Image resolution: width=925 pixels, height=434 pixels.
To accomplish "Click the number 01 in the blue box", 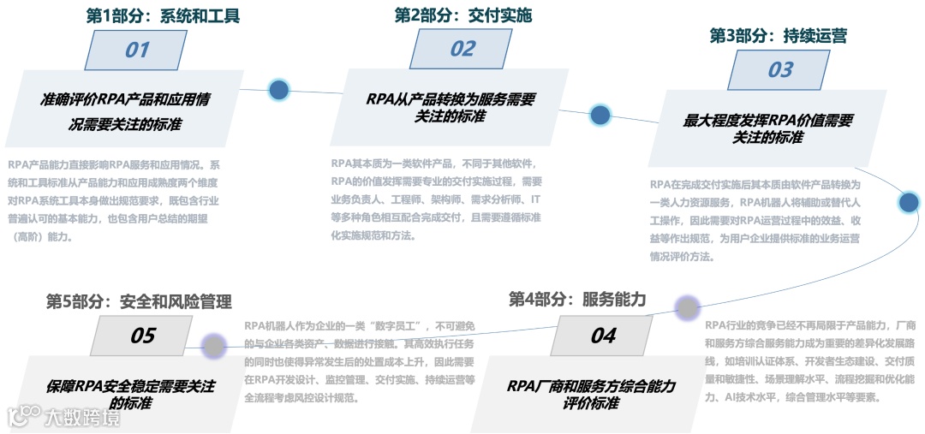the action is tap(137, 50).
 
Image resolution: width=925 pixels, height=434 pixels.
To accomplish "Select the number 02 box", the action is tap(462, 49).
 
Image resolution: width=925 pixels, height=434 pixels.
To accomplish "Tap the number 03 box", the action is tap(780, 69).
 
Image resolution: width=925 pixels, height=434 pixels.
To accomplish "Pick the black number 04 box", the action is tap(603, 335).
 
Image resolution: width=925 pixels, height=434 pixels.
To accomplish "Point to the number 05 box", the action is tap(142, 335).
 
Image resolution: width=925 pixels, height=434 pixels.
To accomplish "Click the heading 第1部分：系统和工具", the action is tap(163, 15).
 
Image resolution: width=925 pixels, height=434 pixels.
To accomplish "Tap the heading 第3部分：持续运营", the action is tap(779, 36).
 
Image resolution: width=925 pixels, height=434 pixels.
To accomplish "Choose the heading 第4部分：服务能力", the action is tap(577, 299).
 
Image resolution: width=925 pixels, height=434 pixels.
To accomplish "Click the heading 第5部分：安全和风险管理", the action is tap(139, 301).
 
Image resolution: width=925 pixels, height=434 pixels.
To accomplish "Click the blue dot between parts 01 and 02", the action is tap(279, 89).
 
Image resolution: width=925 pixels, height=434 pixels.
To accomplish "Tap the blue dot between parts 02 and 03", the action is tap(600, 114).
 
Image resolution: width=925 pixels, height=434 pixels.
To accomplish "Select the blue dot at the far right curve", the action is tap(909, 202).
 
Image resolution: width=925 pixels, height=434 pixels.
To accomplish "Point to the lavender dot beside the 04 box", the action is tap(687, 307).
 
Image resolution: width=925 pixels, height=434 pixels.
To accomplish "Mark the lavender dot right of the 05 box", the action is tap(213, 347).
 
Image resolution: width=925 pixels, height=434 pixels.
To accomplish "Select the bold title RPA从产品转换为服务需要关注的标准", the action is tap(450, 107).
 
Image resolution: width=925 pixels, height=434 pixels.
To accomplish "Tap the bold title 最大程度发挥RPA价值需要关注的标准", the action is tap(768, 128).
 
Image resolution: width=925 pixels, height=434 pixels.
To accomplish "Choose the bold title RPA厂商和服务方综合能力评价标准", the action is tap(591, 395).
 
